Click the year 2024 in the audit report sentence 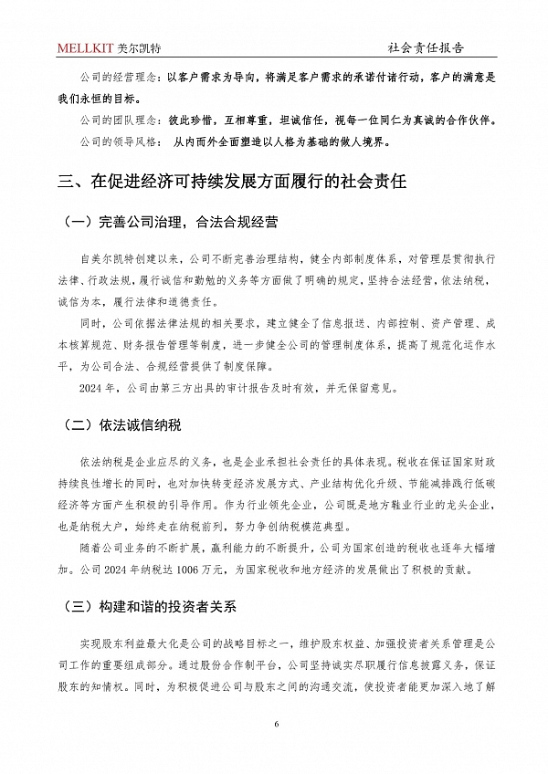click(x=94, y=387)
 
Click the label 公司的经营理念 click(x=110, y=78)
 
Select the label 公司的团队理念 click(x=110, y=120)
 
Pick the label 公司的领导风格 click(x=110, y=141)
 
